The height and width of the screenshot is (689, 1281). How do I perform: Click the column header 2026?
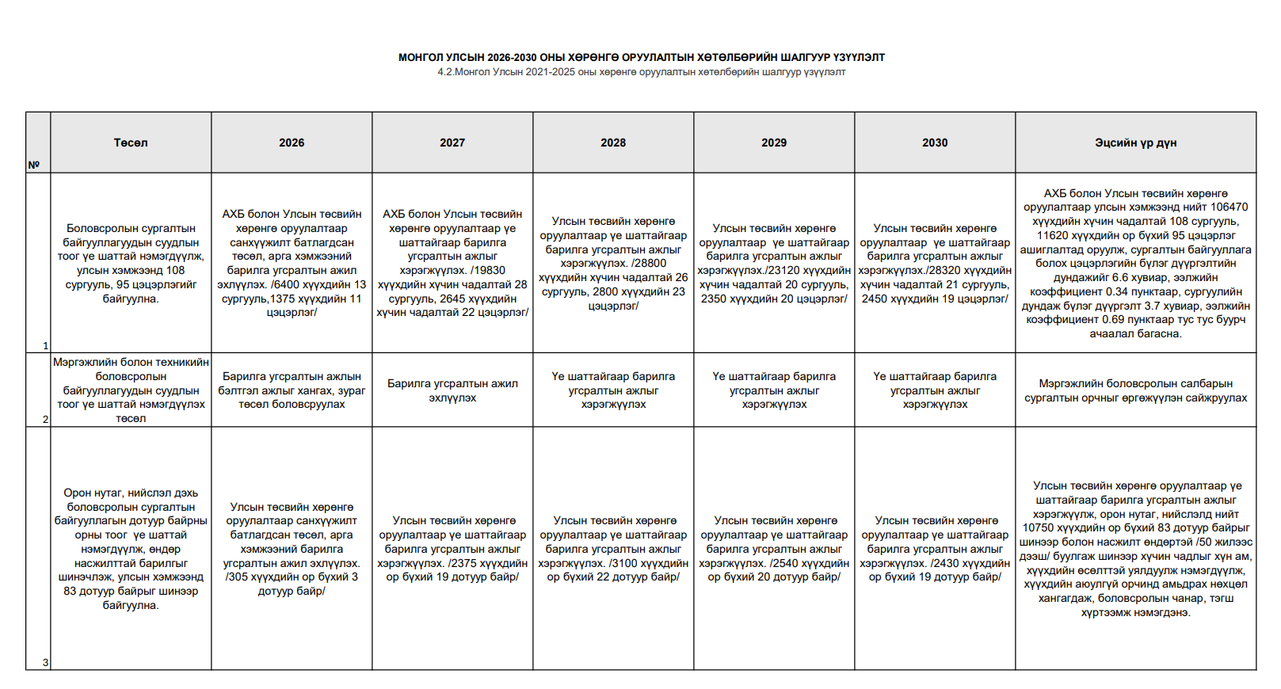(292, 143)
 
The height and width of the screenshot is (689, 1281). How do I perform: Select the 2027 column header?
(452, 143)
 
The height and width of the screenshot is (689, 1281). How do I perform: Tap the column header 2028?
(613, 143)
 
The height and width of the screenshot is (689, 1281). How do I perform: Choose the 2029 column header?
(774, 143)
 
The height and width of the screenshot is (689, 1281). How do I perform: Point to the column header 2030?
(935, 143)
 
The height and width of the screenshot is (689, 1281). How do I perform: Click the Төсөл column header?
(131, 143)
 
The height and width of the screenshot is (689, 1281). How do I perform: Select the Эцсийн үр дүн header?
(1135, 143)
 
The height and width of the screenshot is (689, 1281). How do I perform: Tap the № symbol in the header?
(34, 165)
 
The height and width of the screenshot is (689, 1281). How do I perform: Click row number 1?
(45, 345)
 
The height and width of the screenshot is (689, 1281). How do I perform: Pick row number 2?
(45, 419)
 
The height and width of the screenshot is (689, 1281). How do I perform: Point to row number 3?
(45, 662)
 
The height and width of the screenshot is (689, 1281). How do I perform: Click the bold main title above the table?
(641, 58)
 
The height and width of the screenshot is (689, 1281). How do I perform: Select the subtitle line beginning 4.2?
(641, 72)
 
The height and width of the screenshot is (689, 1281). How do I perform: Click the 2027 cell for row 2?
(452, 390)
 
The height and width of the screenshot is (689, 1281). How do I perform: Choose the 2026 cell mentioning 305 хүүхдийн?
(292, 549)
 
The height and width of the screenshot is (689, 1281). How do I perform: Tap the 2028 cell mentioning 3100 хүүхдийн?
(613, 549)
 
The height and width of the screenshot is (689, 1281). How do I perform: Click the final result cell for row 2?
(1135, 390)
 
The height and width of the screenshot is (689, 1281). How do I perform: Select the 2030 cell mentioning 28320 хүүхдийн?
(935, 264)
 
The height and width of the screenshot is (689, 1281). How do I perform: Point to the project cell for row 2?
(131, 390)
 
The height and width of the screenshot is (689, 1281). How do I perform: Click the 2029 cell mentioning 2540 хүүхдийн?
(774, 549)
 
